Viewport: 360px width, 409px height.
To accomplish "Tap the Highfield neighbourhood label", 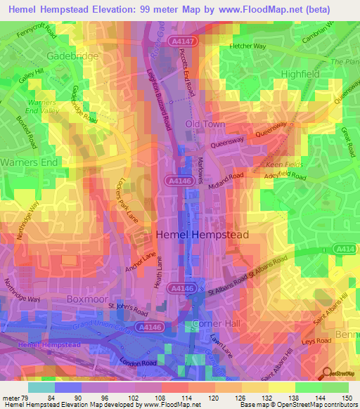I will coord(300,73).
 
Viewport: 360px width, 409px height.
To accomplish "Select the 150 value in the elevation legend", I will coord(344,398).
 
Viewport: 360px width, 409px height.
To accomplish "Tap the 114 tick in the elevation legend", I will coord(188,398).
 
